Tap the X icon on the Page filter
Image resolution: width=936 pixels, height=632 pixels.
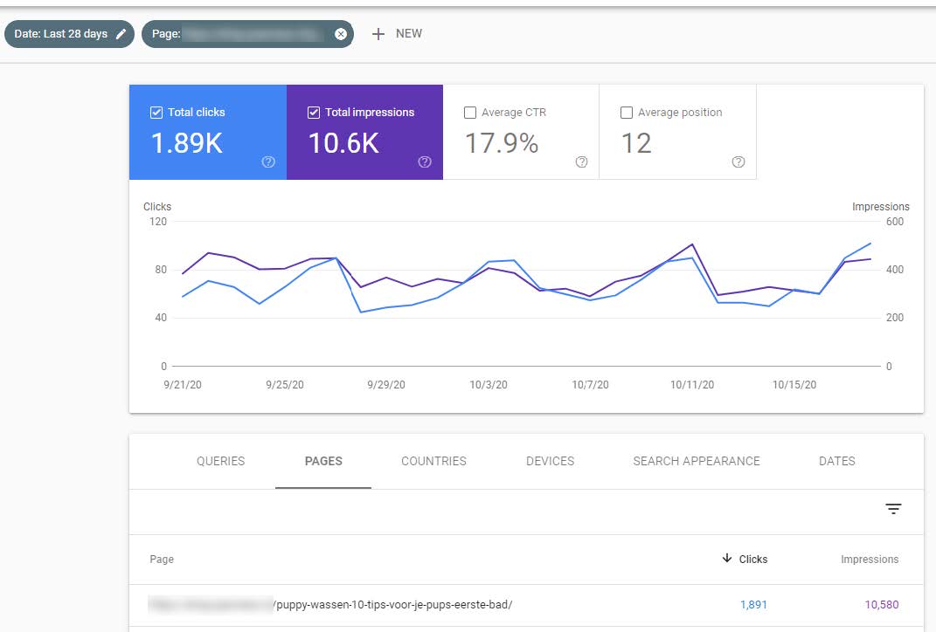pyautogui.click(x=341, y=34)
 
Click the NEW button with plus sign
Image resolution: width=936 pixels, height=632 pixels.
pyautogui.click(x=397, y=34)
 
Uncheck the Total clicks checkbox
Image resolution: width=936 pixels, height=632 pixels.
pyautogui.click(x=156, y=113)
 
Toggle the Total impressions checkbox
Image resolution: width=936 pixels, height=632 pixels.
pyautogui.click(x=314, y=113)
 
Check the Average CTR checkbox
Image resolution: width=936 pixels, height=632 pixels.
pyautogui.click(x=470, y=113)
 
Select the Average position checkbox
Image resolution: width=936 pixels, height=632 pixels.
pyautogui.click(x=627, y=113)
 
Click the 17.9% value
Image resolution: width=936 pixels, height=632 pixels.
pyautogui.click(x=501, y=143)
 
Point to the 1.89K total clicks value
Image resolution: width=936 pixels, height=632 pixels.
pyautogui.click(x=187, y=143)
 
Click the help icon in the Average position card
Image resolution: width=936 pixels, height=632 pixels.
pyautogui.click(x=738, y=161)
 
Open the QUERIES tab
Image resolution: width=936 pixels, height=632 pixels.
pyautogui.click(x=220, y=461)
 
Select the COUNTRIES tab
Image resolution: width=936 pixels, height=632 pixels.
pyautogui.click(x=433, y=461)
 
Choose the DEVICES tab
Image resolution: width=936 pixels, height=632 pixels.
pyautogui.click(x=550, y=461)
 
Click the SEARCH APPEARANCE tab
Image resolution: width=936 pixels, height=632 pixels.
pyautogui.click(x=697, y=461)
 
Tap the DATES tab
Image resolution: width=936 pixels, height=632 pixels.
pyautogui.click(x=836, y=461)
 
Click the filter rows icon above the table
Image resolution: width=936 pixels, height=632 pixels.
pyautogui.click(x=893, y=509)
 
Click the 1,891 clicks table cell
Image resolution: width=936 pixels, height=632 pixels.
pyautogui.click(x=752, y=604)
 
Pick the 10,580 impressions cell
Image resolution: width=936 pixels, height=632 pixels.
pyautogui.click(x=881, y=604)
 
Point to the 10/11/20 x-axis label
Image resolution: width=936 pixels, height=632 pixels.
pyautogui.click(x=692, y=385)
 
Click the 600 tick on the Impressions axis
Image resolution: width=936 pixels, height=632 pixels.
pyautogui.click(x=895, y=222)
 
